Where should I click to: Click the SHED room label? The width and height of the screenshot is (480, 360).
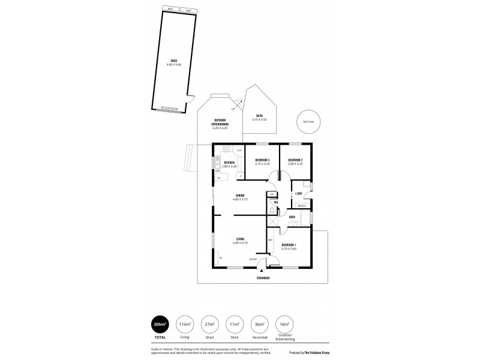click(x=173, y=61)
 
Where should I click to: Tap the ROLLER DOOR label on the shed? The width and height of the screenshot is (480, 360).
click(x=170, y=109)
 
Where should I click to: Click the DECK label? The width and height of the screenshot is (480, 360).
click(x=260, y=115)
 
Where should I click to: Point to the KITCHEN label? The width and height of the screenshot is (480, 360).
click(x=229, y=163)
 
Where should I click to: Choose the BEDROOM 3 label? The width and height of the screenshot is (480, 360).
click(x=262, y=160)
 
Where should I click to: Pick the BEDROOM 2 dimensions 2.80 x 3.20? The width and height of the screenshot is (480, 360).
click(x=295, y=163)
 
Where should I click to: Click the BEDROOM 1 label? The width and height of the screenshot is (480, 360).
click(x=289, y=245)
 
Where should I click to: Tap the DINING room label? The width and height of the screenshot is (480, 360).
click(x=240, y=195)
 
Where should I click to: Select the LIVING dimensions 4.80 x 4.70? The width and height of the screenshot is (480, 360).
click(x=240, y=243)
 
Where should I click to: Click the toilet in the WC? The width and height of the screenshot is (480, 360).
click(x=272, y=210)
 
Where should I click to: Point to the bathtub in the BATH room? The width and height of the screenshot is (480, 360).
click(x=300, y=224)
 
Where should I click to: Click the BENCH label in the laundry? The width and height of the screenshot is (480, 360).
click(x=302, y=206)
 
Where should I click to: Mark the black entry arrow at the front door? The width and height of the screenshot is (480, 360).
click(x=262, y=271)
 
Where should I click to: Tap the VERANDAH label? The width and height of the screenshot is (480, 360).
click(x=263, y=278)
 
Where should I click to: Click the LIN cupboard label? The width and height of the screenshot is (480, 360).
click(x=272, y=194)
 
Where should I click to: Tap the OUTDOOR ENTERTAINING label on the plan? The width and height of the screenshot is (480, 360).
click(x=220, y=124)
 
